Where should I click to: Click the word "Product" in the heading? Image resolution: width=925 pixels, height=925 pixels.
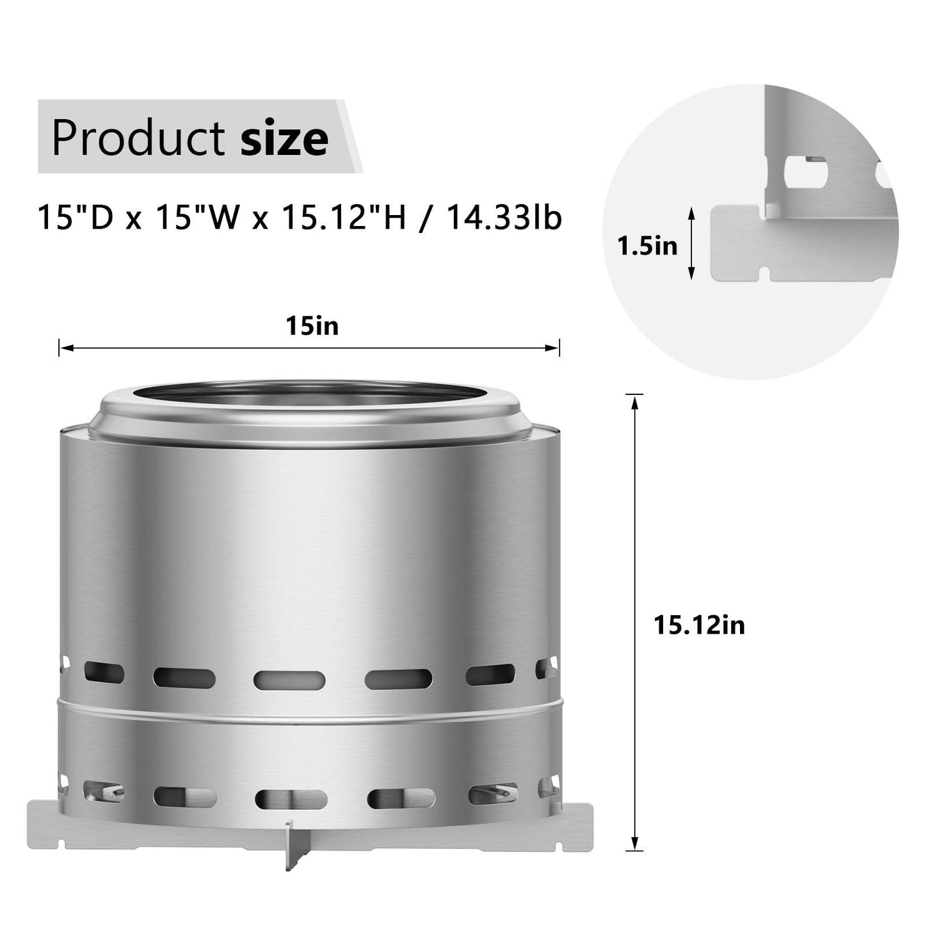138,137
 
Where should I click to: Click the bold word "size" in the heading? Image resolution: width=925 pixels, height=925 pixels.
284,138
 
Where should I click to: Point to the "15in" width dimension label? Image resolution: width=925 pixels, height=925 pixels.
312,327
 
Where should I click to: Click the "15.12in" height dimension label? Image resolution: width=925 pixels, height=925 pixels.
699,625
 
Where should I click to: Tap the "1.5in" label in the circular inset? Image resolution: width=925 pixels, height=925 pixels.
647,245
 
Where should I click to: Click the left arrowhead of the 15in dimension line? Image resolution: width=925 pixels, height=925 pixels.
63,348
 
